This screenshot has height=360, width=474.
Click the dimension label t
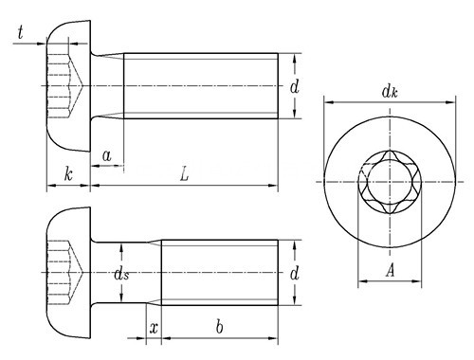[21, 33]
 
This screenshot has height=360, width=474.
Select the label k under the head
[68, 174]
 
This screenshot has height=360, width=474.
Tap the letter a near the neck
[107, 155]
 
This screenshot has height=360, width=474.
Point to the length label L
[184, 174]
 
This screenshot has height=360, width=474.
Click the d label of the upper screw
[294, 86]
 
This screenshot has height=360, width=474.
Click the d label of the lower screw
[294, 273]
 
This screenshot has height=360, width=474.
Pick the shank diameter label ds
[121, 274]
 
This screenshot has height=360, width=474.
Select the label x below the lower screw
[154, 329]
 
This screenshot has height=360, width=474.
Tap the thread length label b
[220, 327]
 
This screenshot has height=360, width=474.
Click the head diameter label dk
[390, 92]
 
